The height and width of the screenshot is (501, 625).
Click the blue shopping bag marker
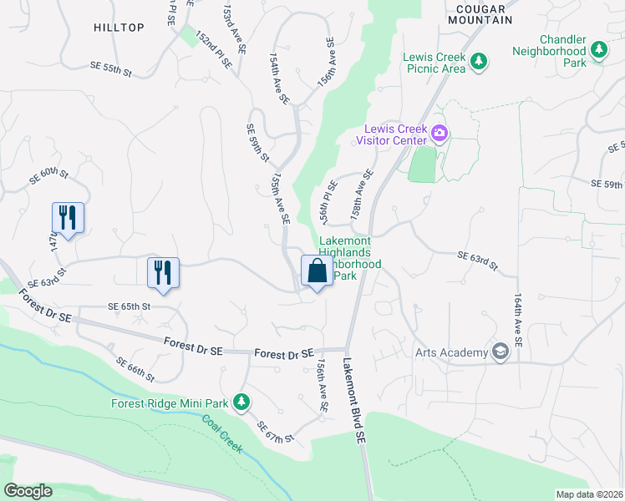click(x=317, y=271)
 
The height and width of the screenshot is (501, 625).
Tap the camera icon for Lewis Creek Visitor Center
click(x=440, y=133)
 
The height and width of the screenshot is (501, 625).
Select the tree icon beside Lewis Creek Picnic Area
click(x=479, y=61)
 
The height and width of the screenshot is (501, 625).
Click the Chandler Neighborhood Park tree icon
click(x=598, y=50)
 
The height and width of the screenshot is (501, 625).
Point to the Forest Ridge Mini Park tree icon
click(x=241, y=403)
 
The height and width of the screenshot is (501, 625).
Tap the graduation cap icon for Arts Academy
click(x=500, y=352)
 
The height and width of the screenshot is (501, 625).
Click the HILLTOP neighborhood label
click(x=119, y=28)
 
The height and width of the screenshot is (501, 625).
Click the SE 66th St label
click(x=135, y=369)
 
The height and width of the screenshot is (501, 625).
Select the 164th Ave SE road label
click(x=518, y=319)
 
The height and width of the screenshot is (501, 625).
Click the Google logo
click(x=28, y=491)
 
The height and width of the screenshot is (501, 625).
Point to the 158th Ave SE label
click(x=361, y=194)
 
